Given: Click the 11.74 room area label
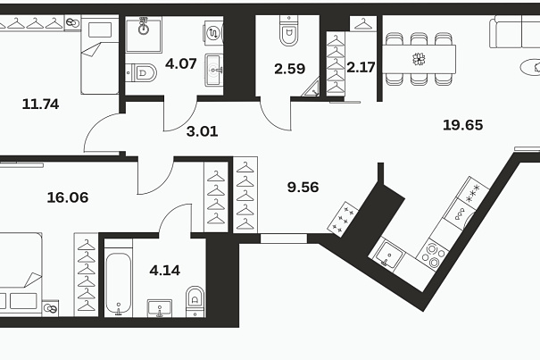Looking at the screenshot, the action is (x=40, y=104).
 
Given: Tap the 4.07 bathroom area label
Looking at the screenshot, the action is (x=181, y=63).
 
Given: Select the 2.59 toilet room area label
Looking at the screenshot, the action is (x=289, y=69).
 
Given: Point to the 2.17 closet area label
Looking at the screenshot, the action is (x=361, y=67).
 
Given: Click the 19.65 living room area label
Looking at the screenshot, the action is (x=462, y=125).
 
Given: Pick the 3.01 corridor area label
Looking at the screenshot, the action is (x=202, y=131).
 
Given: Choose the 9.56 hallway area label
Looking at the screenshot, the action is (x=303, y=188).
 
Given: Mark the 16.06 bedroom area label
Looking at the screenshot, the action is (x=68, y=197).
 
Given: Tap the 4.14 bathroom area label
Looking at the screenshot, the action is (x=164, y=271).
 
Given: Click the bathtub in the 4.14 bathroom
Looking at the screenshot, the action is (x=118, y=284).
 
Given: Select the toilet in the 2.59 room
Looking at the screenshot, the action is (x=288, y=30).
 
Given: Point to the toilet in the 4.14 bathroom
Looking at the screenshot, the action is (x=195, y=301).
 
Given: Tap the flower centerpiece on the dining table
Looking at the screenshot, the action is (x=419, y=59).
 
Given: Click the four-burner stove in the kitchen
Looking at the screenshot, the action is (x=432, y=255).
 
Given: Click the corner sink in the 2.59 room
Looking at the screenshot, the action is (x=312, y=88).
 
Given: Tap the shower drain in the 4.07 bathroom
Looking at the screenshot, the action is (x=144, y=29).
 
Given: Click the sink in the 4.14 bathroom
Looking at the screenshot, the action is (x=160, y=308).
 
